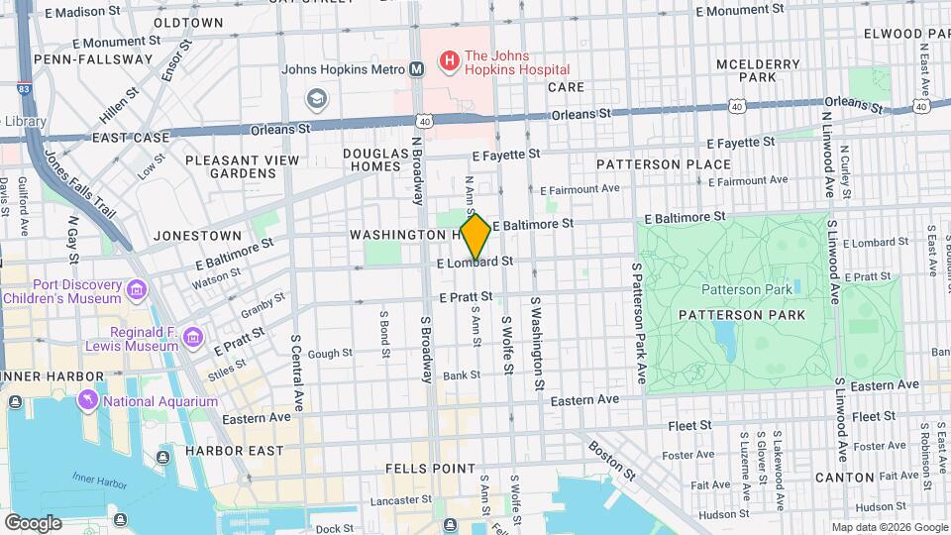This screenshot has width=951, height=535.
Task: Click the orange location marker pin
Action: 475,237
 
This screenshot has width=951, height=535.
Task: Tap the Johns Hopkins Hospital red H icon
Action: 449,61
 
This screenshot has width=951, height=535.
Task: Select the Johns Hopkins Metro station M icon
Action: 417,69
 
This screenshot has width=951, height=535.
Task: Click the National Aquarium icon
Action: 89,400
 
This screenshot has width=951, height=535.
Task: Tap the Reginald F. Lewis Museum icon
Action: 192,338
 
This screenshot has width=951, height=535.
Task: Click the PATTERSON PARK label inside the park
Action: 742,314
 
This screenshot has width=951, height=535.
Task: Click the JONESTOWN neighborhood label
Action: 198,236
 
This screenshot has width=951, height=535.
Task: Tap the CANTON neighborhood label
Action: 844,478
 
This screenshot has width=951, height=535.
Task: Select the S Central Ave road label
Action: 295,373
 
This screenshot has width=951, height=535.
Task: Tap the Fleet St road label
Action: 690,425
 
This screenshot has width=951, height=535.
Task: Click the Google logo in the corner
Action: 32,522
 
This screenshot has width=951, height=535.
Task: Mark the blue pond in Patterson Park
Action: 724,340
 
